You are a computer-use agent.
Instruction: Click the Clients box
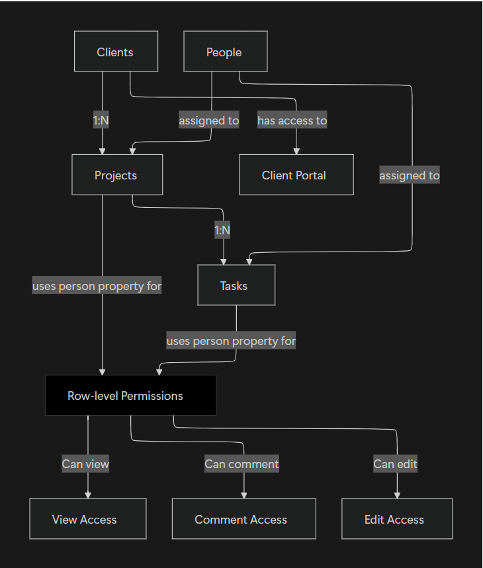pyautogui.click(x=116, y=52)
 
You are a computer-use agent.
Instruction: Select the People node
pyautogui.click(x=225, y=52)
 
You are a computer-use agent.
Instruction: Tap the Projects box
pyautogui.click(x=117, y=175)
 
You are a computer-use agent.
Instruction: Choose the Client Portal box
pyautogui.click(x=296, y=175)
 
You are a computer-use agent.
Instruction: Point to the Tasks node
pyautogui.click(x=236, y=285)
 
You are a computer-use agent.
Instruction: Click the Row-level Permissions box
pyautogui.click(x=130, y=396)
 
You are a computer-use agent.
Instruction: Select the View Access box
pyautogui.click(x=87, y=519)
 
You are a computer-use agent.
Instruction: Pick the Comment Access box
pyautogui.click(x=243, y=519)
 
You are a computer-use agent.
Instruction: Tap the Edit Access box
pyautogui.click(x=397, y=519)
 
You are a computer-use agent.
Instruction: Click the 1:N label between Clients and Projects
pyautogui.click(x=101, y=120)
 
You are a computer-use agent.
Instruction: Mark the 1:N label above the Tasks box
pyautogui.click(x=223, y=230)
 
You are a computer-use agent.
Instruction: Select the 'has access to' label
pyautogui.click(x=292, y=120)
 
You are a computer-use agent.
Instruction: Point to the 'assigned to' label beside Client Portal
pyautogui.click(x=409, y=175)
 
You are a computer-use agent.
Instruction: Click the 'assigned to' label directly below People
pyautogui.click(x=209, y=120)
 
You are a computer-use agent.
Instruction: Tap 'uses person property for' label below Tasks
pyautogui.click(x=231, y=341)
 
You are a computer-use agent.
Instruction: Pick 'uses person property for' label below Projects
pyautogui.click(x=97, y=286)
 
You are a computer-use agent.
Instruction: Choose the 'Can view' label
pyautogui.click(x=85, y=463)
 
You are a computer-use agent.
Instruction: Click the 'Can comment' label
pyautogui.click(x=241, y=463)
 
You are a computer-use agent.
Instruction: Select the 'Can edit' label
pyautogui.click(x=395, y=463)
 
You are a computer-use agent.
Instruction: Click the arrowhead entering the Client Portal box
pyautogui.click(x=296, y=151)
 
